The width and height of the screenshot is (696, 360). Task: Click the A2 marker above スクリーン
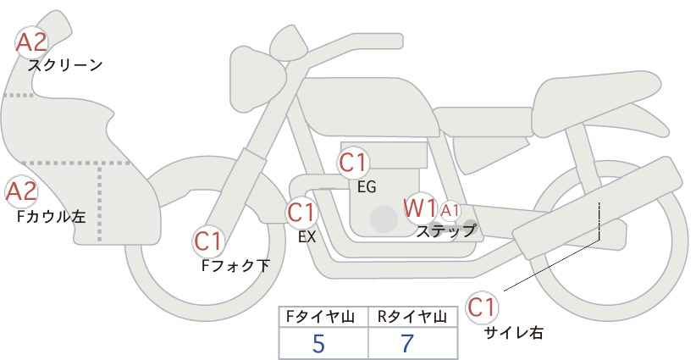(x=31, y=42)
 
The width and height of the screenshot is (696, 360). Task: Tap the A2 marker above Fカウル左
(x=21, y=192)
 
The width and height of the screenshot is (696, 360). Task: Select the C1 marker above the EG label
(x=353, y=163)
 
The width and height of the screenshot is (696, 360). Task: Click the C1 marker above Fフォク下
(x=208, y=241)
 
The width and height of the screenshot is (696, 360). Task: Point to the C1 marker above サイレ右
(x=482, y=307)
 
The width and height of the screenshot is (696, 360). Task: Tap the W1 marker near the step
(x=420, y=208)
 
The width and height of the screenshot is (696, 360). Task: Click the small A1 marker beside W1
(x=450, y=210)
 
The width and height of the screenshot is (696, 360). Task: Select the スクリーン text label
(x=65, y=66)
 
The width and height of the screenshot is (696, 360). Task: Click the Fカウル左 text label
(x=51, y=217)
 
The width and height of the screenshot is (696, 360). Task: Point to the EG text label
(x=367, y=187)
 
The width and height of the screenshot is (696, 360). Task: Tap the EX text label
(x=307, y=237)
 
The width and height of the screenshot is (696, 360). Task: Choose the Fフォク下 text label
(x=235, y=265)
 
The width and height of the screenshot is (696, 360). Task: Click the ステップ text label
(x=445, y=231)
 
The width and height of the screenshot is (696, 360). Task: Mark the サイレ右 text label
(x=514, y=333)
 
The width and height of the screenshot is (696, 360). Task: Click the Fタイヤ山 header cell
(x=323, y=317)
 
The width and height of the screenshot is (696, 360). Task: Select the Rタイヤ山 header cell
(x=413, y=317)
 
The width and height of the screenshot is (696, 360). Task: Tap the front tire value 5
(x=318, y=343)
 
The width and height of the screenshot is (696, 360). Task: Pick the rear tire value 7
(x=407, y=343)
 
